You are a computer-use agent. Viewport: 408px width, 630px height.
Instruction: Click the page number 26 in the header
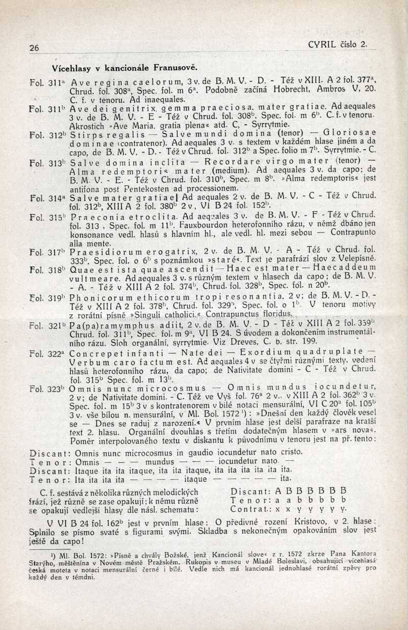point(34,48)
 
